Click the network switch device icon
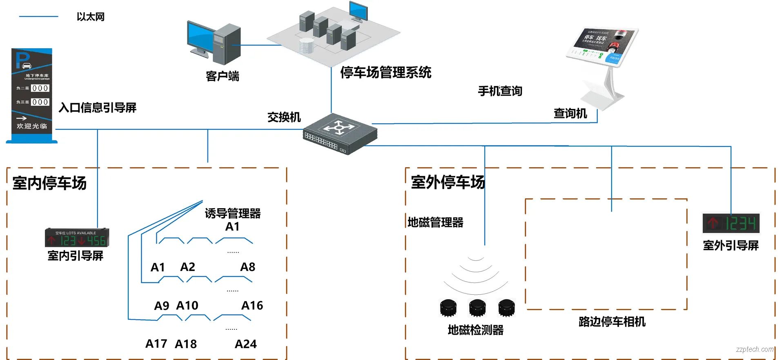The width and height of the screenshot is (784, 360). (x=340, y=134)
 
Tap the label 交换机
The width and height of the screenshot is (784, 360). (x=284, y=117)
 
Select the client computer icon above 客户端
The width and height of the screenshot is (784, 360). (x=214, y=43)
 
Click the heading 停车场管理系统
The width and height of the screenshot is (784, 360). (x=385, y=73)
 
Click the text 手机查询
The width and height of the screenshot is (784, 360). (x=500, y=91)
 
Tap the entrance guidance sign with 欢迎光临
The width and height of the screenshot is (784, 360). (x=32, y=96)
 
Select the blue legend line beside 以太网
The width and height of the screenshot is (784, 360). (x=39, y=17)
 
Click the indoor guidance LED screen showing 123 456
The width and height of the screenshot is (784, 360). (x=77, y=238)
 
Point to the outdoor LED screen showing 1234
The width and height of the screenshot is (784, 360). (x=731, y=223)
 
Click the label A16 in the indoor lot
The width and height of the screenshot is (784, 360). (x=252, y=305)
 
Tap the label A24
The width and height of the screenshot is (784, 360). (x=245, y=344)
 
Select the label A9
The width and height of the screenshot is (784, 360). (x=161, y=306)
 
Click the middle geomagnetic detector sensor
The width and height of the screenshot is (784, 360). (x=477, y=308)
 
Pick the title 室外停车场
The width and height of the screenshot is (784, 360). (x=448, y=182)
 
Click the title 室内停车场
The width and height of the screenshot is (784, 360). (x=49, y=183)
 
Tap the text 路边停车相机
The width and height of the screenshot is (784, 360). (x=612, y=322)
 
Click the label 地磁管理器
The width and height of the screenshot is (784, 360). (x=435, y=222)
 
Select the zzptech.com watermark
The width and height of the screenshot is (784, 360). (x=754, y=349)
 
